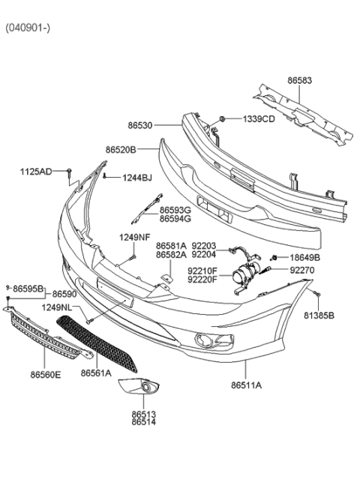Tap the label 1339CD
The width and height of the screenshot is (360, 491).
[x=258, y=119]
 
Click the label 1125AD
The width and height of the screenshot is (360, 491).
[x=36, y=172]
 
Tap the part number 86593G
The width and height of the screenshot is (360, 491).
[x=175, y=211]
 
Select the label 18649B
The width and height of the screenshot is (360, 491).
[x=303, y=257]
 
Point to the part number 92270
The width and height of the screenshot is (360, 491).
[x=303, y=270]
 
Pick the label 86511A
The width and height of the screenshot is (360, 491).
[x=245, y=386]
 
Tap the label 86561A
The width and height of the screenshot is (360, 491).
[x=96, y=372]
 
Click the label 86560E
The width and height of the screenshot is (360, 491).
[x=46, y=373]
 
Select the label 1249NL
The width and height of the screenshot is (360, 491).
[x=57, y=307]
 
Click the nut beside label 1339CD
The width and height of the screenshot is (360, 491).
[x=223, y=119]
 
